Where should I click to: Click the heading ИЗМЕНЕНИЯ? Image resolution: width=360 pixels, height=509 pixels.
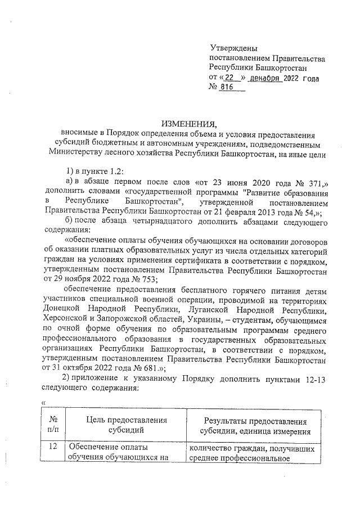[x=188, y=124]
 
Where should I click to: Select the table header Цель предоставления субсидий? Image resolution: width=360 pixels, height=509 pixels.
[x=127, y=426]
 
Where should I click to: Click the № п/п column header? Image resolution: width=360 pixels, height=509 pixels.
[x=54, y=426]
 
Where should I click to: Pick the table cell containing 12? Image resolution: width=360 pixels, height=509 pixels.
[x=54, y=448]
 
